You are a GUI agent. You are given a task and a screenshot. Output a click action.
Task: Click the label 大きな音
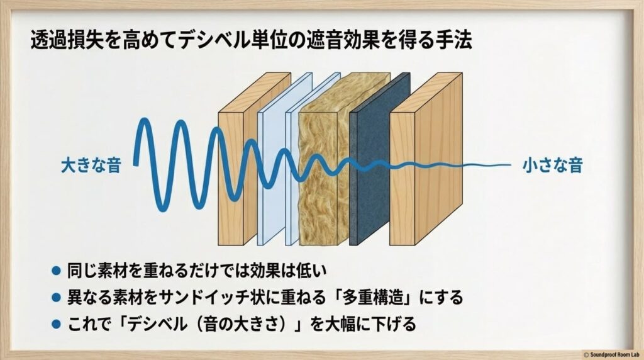click(91, 166)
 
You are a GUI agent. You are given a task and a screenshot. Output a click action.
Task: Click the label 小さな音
click(552, 166)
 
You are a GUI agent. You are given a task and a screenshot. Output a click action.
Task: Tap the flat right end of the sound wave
click(497, 166)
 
